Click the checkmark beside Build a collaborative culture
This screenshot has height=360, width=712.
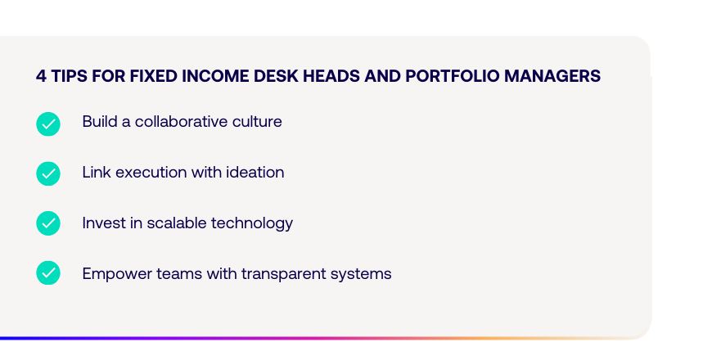pyautogui.click(x=48, y=124)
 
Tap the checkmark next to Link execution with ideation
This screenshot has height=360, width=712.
pyautogui.click(x=48, y=173)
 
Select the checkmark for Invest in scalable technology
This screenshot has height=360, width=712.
pyautogui.click(x=48, y=223)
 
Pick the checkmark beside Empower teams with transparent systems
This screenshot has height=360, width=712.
pyautogui.click(x=48, y=272)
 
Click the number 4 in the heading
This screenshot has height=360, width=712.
pyautogui.click(x=41, y=76)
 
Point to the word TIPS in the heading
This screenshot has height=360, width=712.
pyautogui.click(x=69, y=76)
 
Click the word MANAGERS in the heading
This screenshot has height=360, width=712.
pyautogui.click(x=552, y=76)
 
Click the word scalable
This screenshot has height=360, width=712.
pyautogui.click(x=177, y=223)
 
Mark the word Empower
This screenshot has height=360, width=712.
pyautogui.click(x=117, y=275)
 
